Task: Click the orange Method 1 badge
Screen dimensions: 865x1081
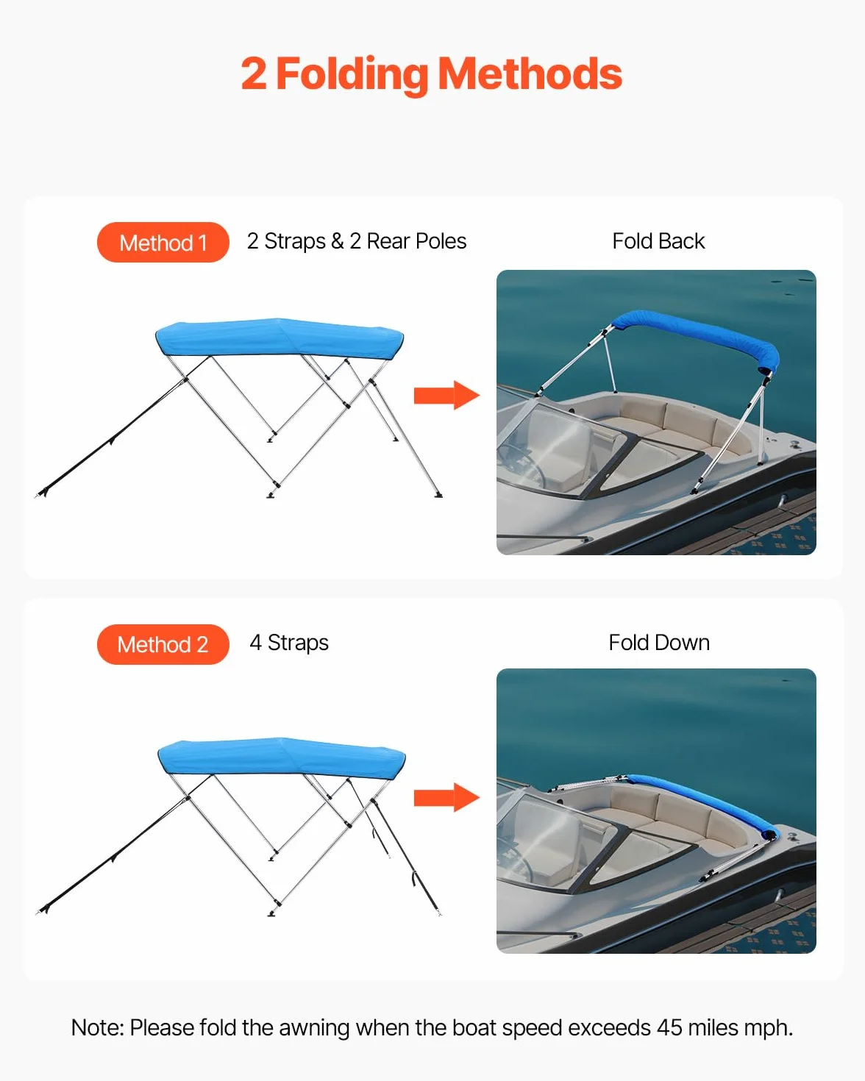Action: [163, 242]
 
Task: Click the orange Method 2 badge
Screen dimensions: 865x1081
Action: [163, 644]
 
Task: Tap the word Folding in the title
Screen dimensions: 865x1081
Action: [352, 74]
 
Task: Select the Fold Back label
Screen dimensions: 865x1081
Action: [658, 241]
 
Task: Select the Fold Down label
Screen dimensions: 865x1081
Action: [659, 643]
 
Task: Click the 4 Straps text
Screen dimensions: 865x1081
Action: [289, 643]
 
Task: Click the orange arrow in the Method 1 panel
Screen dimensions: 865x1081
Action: [446, 396]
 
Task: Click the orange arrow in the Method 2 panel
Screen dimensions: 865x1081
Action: [446, 797]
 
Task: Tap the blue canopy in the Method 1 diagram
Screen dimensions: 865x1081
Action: [279, 338]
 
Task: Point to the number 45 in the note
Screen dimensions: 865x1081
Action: [669, 1028]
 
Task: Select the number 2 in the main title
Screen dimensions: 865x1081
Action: [254, 74]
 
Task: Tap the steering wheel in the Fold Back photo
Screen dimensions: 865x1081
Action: [523, 465]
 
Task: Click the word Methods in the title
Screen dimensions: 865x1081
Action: [530, 74]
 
